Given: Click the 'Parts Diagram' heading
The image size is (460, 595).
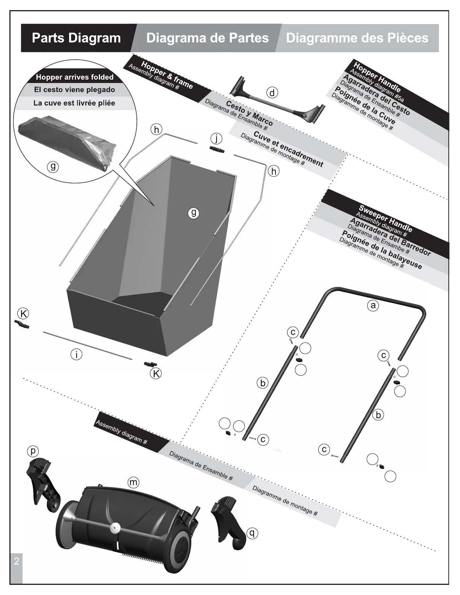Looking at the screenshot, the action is [x=76, y=38].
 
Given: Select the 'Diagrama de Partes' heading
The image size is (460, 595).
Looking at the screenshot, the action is [x=207, y=38].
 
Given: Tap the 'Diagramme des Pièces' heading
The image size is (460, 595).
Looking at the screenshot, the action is [x=357, y=38].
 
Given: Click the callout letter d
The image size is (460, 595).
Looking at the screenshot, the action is [x=272, y=92].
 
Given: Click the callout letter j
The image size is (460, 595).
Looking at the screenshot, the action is [x=216, y=139].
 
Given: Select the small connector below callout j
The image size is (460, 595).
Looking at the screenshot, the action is [x=217, y=150].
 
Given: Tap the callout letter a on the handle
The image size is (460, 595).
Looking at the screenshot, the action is [x=372, y=305].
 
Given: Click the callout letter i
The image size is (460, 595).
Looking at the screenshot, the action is [x=77, y=354].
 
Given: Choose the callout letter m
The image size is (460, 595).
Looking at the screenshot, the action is [x=133, y=482].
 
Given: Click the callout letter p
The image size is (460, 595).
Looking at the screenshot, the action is [x=33, y=451].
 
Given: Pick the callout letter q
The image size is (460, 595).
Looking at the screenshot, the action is [x=252, y=533].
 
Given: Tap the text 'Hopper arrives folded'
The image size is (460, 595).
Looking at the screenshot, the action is [x=74, y=77].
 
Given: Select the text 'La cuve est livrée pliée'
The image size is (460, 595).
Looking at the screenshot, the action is [x=74, y=103].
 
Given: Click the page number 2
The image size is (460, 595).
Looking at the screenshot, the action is [x=16, y=562].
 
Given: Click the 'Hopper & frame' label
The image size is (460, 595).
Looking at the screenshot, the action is [x=167, y=75].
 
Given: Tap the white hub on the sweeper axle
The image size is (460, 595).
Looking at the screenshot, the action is [x=114, y=528].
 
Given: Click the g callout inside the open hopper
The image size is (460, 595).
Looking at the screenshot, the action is [x=194, y=213].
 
